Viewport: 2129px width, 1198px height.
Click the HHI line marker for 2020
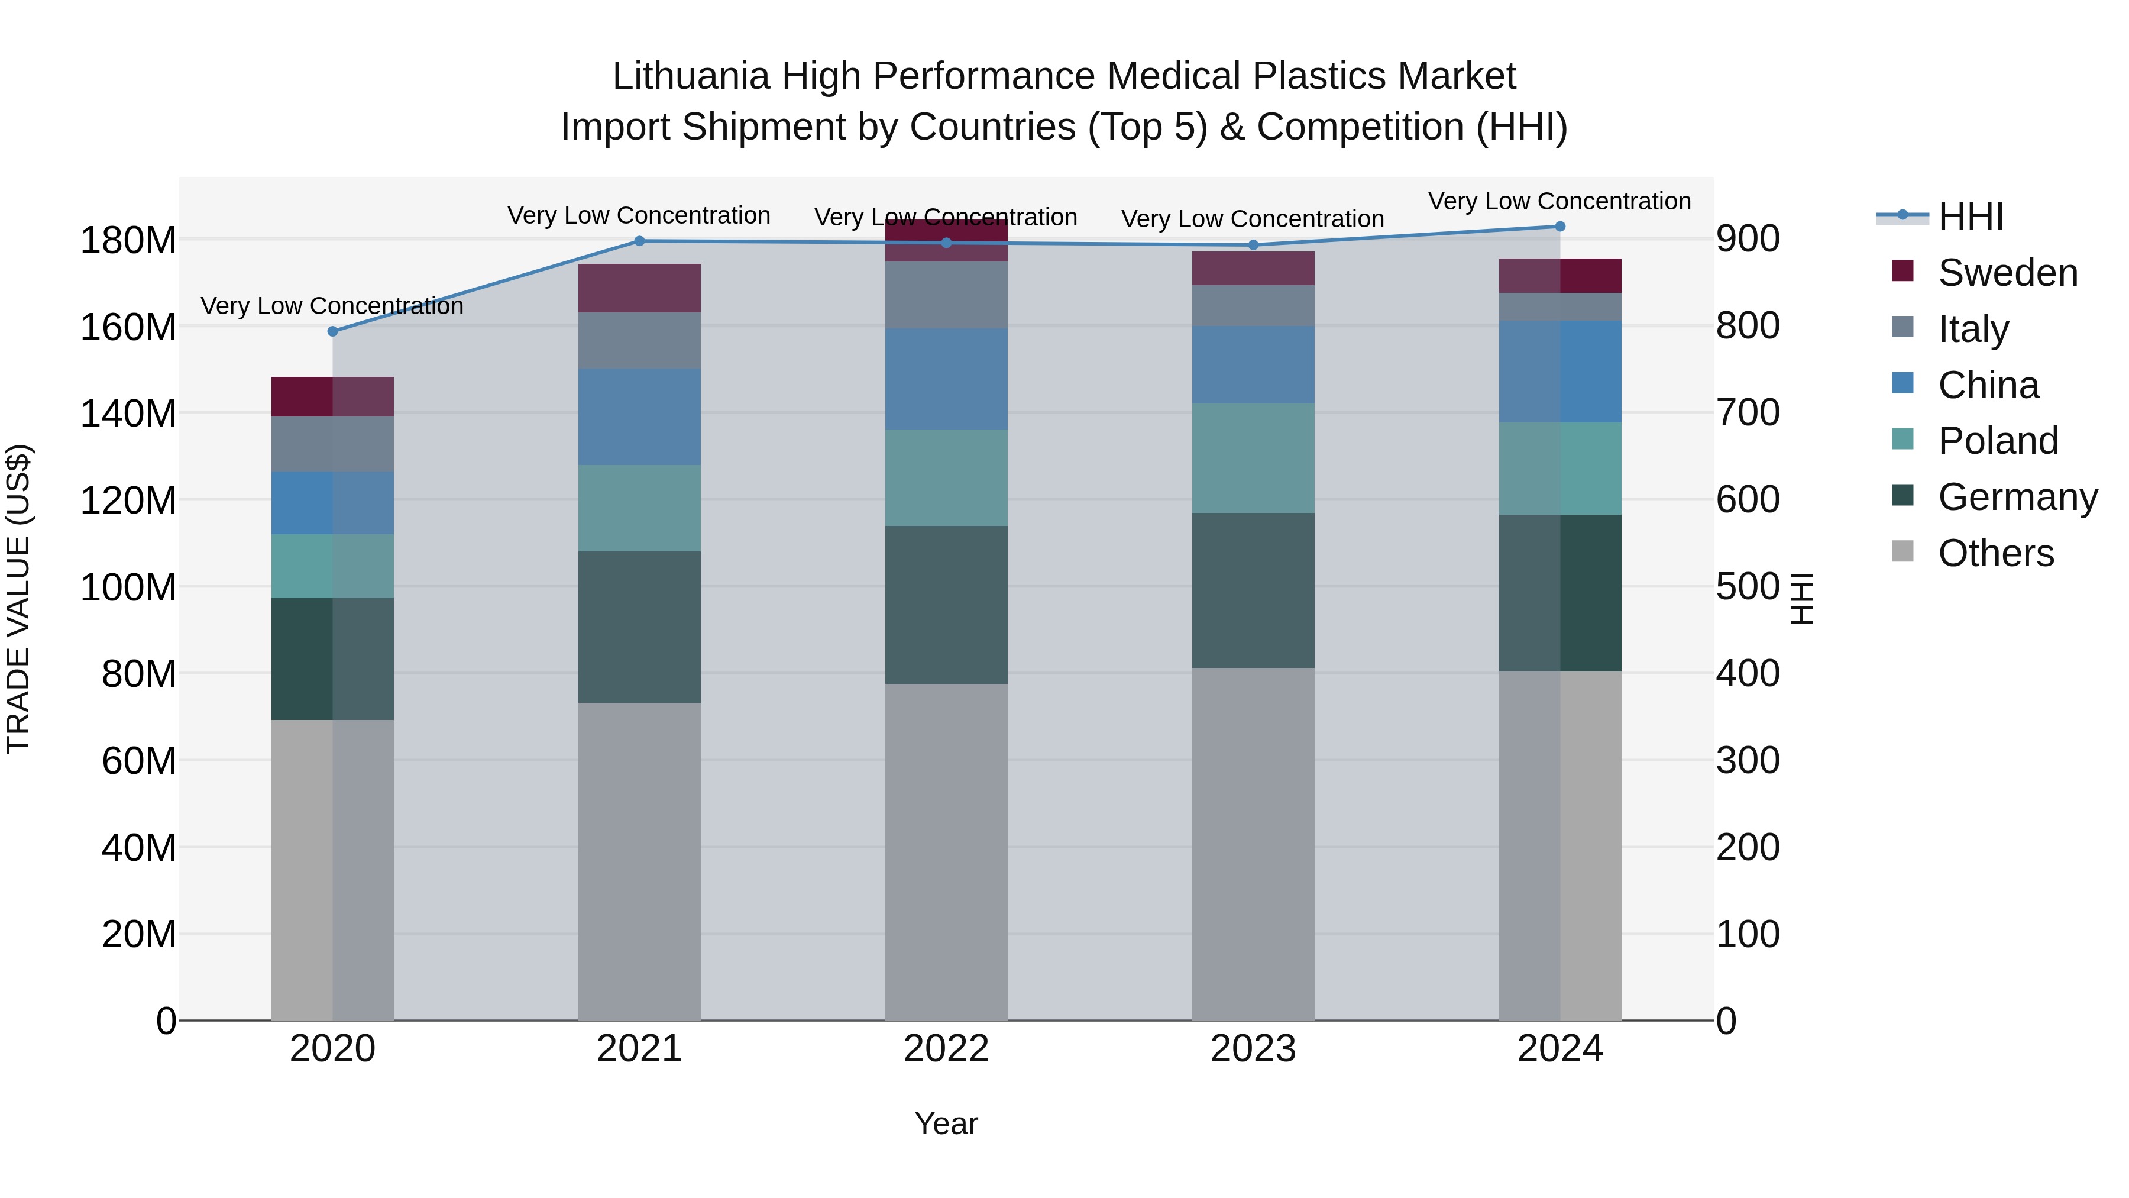point(332,331)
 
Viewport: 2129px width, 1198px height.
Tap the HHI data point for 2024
point(1559,227)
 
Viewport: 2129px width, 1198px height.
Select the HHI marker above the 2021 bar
point(639,241)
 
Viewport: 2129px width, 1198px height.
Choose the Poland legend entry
point(1998,441)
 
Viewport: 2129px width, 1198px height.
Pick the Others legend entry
point(1995,553)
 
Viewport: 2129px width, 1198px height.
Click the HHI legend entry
point(1971,217)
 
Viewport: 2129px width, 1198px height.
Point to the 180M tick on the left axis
point(128,241)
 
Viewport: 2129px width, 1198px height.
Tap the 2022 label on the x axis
point(946,1049)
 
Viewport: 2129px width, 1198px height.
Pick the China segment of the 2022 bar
point(946,379)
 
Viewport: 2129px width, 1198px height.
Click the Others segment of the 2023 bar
point(1253,843)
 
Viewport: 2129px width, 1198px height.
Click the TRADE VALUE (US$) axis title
point(18,599)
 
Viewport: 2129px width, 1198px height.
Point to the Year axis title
point(946,1123)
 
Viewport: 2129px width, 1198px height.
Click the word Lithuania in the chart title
point(691,76)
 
